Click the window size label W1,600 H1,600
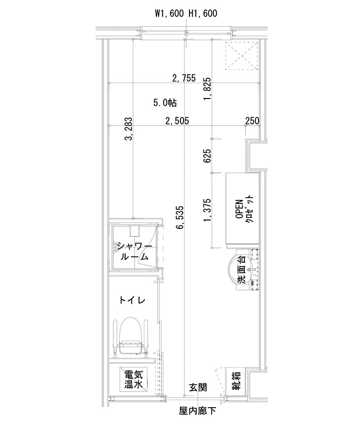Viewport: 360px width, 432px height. pyautogui.click(x=186, y=13)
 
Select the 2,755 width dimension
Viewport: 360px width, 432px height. pyautogui.click(x=184, y=78)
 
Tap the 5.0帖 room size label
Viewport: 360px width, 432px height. pyautogui.click(x=164, y=103)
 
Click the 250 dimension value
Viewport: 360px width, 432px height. pyautogui.click(x=252, y=121)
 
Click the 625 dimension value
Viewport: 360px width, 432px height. pyautogui.click(x=207, y=156)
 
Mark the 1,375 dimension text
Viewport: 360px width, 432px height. pyautogui.click(x=207, y=211)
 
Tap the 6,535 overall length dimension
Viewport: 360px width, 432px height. pyautogui.click(x=180, y=217)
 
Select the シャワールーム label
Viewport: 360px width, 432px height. pyautogui.click(x=134, y=252)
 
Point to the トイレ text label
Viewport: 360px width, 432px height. pyautogui.click(x=131, y=300)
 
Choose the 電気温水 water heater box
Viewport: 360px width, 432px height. pyautogui.click(x=134, y=379)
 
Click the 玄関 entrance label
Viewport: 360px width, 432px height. pyautogui.click(x=198, y=387)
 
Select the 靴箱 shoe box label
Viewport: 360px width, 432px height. pyautogui.click(x=236, y=382)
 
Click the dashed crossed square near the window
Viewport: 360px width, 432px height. pyautogui.click(x=242, y=56)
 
